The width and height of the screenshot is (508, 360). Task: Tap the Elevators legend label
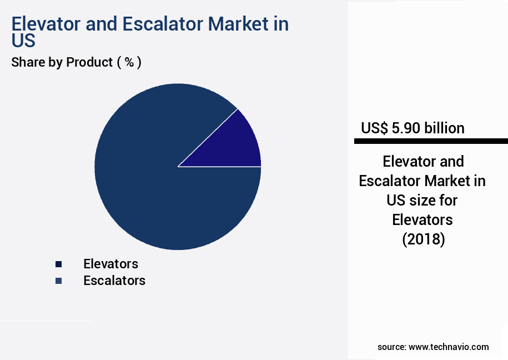click(110, 263)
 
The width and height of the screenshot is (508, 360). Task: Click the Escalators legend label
click(114, 281)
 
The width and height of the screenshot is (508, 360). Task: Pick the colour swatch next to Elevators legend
click(58, 264)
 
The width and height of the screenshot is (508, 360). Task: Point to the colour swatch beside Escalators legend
click(58, 281)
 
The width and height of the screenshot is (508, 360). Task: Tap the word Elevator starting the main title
click(45, 24)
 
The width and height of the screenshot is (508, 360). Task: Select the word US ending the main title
click(23, 41)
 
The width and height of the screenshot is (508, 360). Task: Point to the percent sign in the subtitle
click(129, 62)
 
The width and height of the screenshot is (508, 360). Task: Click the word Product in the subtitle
click(89, 62)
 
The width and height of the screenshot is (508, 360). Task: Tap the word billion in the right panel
click(444, 128)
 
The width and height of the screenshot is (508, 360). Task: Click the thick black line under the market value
click(431, 142)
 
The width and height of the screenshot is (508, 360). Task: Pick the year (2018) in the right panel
click(423, 239)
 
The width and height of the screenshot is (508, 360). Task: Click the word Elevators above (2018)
click(423, 220)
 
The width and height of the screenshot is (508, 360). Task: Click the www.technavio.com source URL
click(449, 347)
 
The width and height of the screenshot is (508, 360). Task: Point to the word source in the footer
click(391, 347)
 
